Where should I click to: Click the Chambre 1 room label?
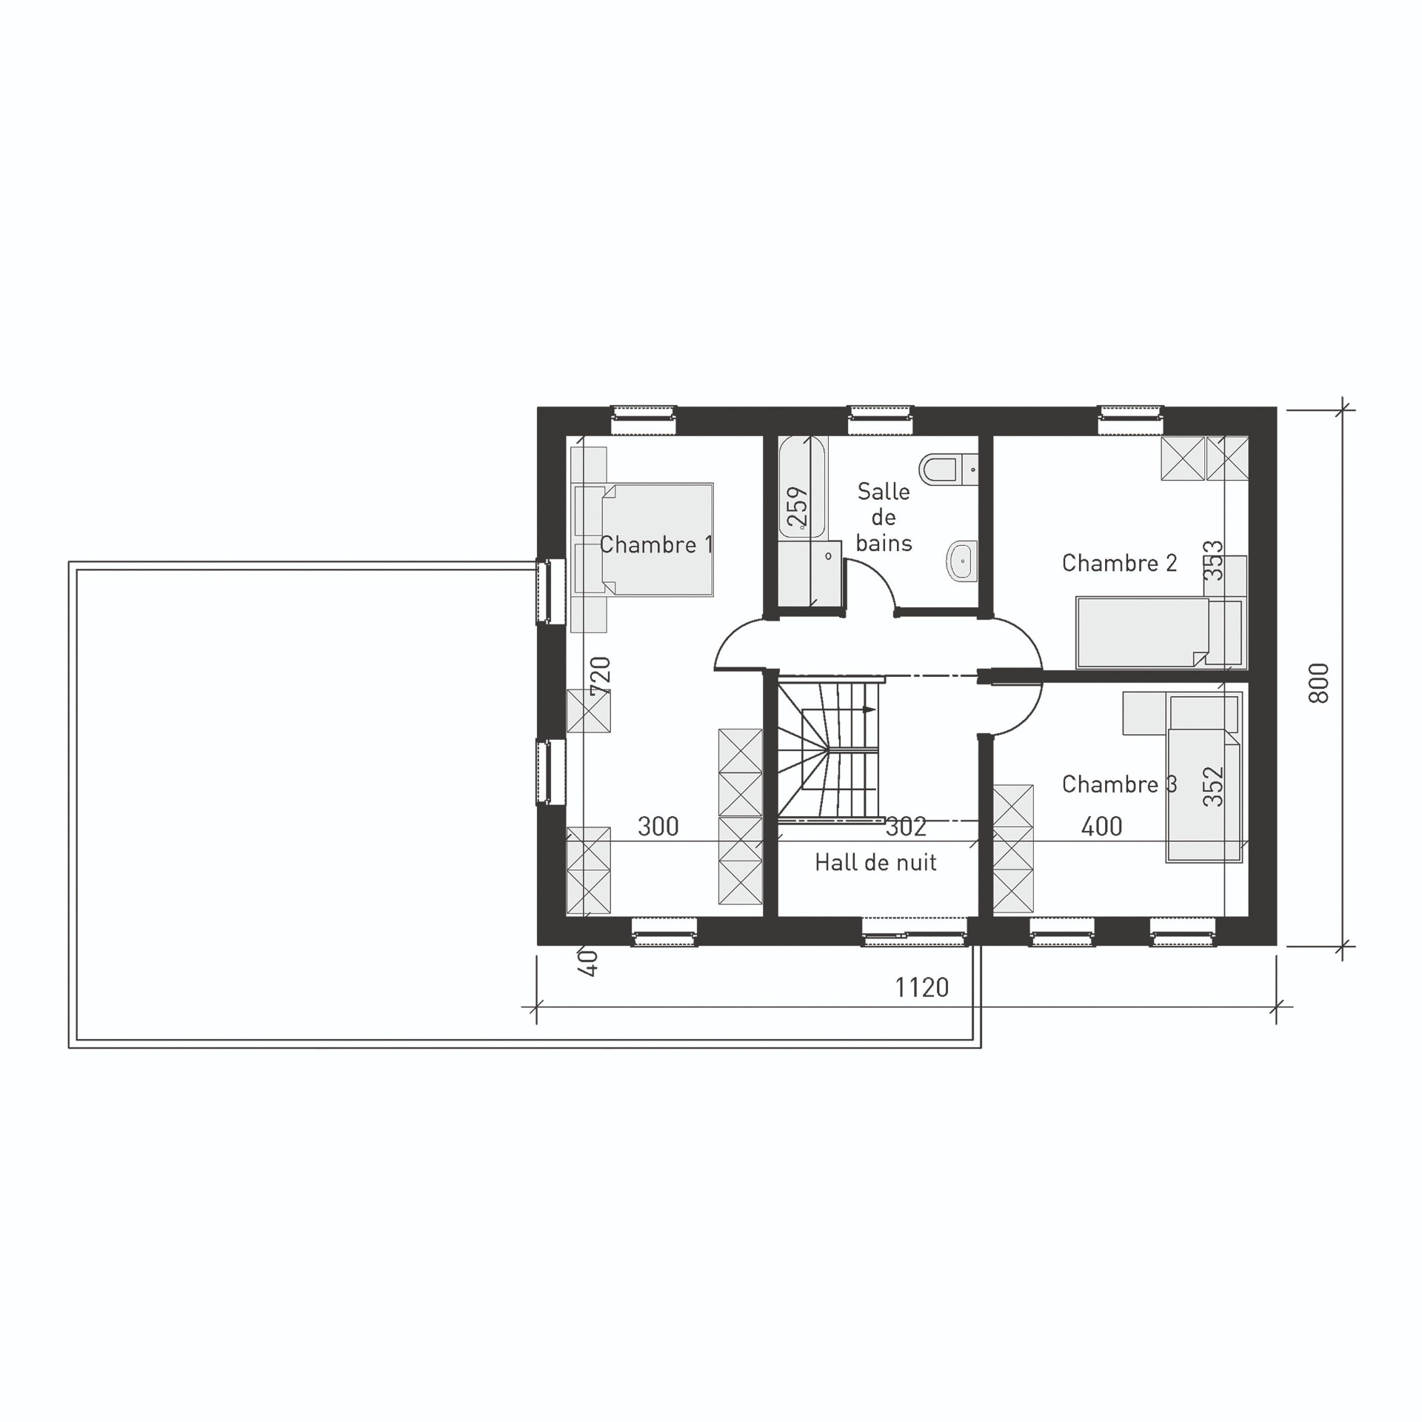tap(655, 545)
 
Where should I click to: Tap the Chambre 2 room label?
tap(1119, 563)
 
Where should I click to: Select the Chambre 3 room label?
tap(1119, 784)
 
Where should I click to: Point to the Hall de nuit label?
tap(875, 862)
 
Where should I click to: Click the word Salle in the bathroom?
tap(884, 491)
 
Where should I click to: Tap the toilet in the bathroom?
tap(947, 468)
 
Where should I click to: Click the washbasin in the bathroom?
tap(962, 562)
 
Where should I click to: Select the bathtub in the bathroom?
tap(802, 487)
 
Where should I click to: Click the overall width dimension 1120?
tap(921, 987)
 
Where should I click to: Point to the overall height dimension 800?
tap(1318, 683)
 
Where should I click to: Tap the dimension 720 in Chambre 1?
tap(600, 675)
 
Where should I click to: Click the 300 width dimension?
tap(658, 827)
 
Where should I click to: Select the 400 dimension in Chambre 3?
tap(1101, 827)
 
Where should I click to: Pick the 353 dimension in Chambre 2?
tap(1214, 561)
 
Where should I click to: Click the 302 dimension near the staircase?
tap(906, 827)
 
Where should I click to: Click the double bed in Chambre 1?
tap(657, 540)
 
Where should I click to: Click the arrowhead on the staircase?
tap(869, 710)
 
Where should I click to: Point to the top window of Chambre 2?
tap(1130, 420)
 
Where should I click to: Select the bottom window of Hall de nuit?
tap(915, 932)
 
